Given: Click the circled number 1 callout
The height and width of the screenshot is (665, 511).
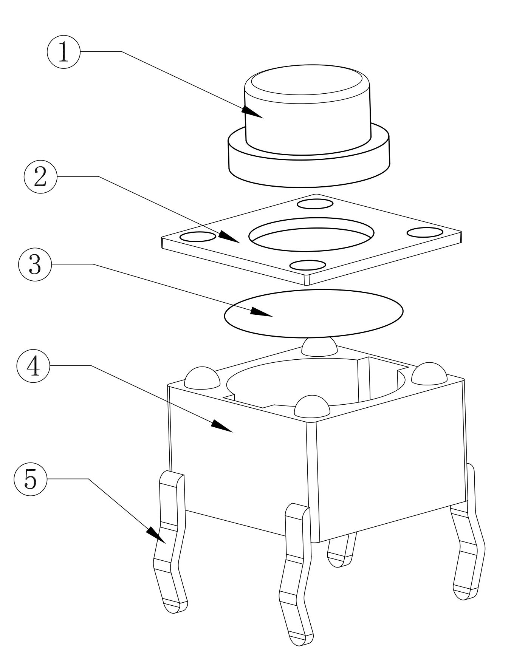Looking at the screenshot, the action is tap(63, 52).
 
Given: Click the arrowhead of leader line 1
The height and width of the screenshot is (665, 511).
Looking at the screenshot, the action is tap(252, 112).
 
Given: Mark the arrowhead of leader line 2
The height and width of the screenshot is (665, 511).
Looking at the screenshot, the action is tap(229, 237).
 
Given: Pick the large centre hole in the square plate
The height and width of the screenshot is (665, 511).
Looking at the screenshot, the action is tap(311, 234).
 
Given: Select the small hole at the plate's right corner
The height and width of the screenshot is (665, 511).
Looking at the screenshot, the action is tap(425, 232).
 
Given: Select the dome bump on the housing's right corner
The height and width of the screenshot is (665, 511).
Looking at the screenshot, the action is tap(429, 374).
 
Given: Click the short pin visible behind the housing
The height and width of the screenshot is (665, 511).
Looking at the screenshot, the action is tap(341, 550).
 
